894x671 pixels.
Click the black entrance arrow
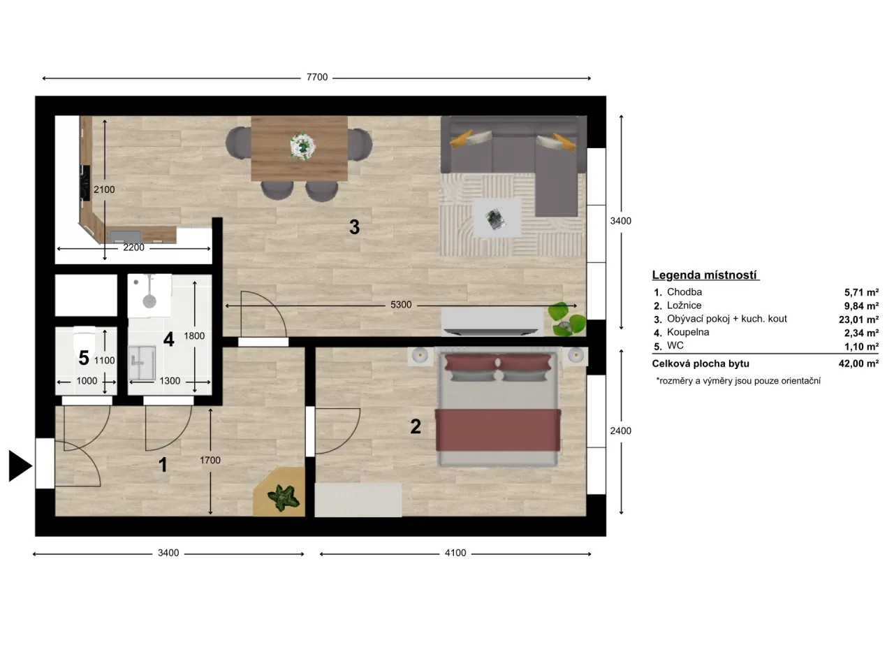coord(20,466)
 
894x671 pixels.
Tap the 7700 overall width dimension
coord(316,78)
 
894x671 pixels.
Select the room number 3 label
coord(354,227)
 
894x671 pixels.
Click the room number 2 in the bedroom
coord(415,426)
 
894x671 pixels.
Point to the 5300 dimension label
coord(400,305)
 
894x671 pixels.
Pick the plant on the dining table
coord(302,145)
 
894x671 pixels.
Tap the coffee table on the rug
coord(497,217)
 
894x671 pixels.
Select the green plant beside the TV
coord(567,319)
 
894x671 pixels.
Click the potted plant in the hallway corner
coord(282,497)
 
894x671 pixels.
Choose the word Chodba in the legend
coord(684,292)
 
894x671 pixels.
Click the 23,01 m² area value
coord(858,319)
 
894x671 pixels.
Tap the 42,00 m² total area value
coord(858,363)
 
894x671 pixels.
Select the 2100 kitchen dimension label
coord(104,189)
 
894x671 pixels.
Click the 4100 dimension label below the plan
coord(455,553)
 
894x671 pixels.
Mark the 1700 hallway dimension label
coord(210,460)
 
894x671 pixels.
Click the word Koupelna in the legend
coord(688,333)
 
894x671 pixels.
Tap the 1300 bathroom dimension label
coord(170,381)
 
